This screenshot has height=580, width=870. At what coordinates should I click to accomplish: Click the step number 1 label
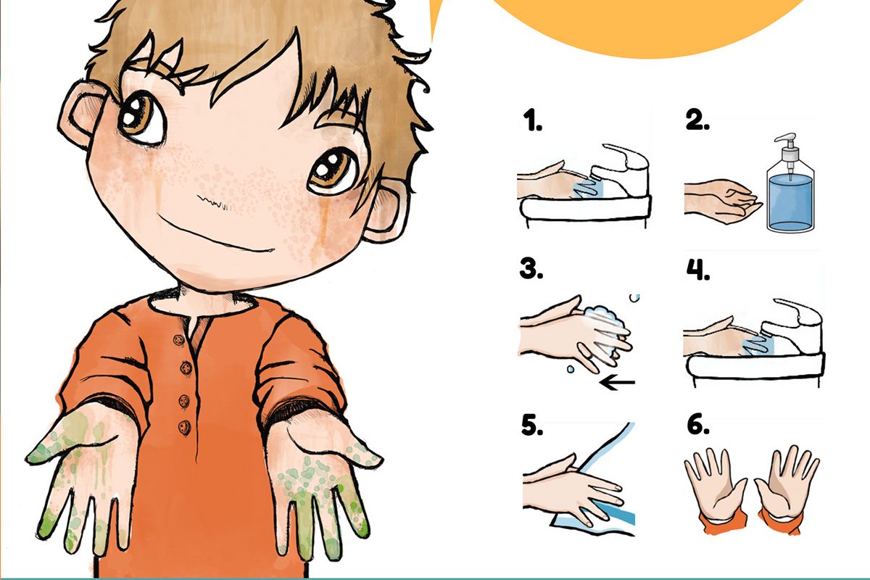tap(532, 120)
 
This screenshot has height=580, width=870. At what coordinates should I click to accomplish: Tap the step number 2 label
tap(697, 120)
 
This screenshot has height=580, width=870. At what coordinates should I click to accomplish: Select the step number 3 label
tap(531, 268)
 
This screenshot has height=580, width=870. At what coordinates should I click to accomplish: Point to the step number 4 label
tap(698, 269)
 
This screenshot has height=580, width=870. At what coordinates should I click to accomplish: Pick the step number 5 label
tap(531, 426)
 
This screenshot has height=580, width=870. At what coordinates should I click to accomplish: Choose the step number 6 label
tap(698, 425)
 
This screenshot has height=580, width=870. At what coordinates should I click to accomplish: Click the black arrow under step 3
tap(618, 383)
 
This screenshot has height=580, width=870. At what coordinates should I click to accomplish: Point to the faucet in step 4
tap(792, 326)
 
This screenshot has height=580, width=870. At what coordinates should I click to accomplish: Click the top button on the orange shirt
tap(179, 339)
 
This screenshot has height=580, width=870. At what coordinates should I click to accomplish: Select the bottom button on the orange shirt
tap(184, 427)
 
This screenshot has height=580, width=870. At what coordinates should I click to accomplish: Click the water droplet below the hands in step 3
tap(570, 369)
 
